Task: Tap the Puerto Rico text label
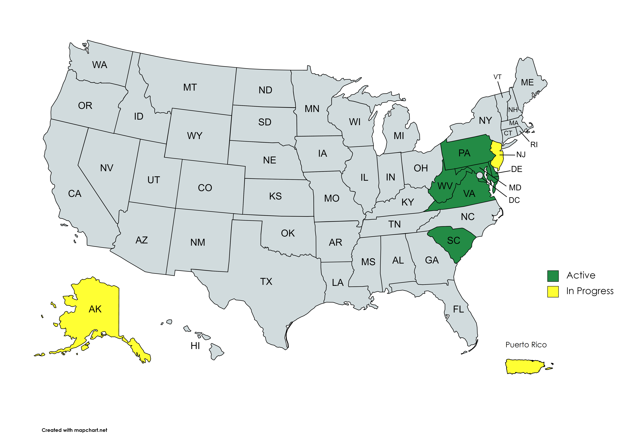(526, 345)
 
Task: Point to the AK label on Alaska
(95, 309)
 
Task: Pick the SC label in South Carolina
(453, 240)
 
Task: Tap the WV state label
(445, 186)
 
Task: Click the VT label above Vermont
(497, 77)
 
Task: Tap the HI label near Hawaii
(195, 346)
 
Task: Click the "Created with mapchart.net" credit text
(74, 430)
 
